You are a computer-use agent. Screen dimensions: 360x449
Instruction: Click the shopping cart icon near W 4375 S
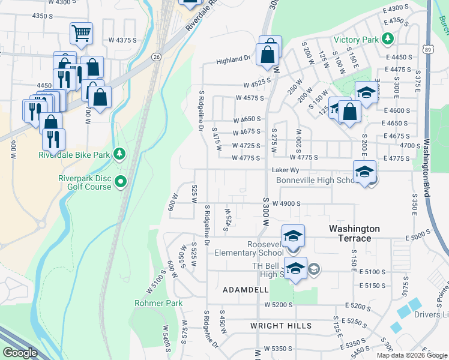coord(81,34)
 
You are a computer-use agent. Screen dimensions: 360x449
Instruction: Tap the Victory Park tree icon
coord(388,40)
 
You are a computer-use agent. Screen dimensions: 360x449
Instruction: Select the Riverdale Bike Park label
coord(74,155)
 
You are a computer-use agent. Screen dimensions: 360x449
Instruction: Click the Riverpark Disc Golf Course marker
coord(121,181)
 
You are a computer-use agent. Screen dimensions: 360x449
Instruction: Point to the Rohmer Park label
coord(158,304)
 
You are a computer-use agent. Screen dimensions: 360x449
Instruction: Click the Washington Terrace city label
coord(354,233)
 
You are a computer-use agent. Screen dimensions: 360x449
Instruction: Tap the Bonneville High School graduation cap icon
coord(364,172)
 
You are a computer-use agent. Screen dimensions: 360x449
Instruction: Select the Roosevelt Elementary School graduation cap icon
coord(293,235)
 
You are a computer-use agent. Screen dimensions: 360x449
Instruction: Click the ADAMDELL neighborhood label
coord(246,289)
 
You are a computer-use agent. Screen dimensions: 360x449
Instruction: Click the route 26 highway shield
coord(156,56)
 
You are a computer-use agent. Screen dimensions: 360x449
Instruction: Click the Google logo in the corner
coord(20,353)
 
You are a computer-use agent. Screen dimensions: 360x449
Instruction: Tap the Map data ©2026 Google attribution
coord(411,355)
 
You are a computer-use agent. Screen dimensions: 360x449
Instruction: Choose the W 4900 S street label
coord(286,204)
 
